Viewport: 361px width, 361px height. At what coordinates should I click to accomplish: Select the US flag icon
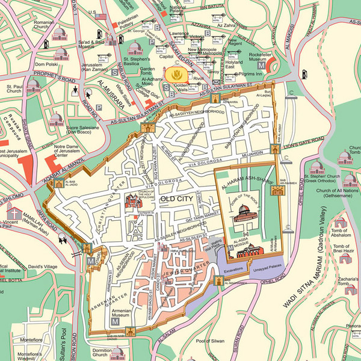click(100, 16)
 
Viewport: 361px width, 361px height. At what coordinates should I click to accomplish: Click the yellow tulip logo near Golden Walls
click(176, 75)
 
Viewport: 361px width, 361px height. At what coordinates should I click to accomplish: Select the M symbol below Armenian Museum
click(114, 324)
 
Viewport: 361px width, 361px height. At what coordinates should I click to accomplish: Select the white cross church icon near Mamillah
click(13, 212)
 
